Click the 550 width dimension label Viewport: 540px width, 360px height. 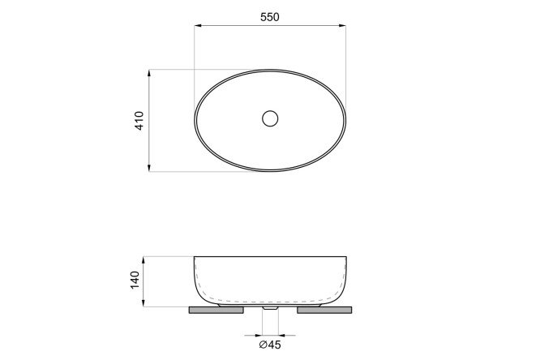click(270, 17)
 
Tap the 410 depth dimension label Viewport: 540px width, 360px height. click(139, 121)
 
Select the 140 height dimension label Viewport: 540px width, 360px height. click(135, 280)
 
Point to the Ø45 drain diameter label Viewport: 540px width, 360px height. click(270, 345)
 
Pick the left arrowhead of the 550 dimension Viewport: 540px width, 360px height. click(198, 25)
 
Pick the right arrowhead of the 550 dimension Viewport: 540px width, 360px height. click(342, 25)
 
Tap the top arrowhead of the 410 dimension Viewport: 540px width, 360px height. click(149, 73)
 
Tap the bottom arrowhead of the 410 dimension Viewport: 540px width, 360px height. click(149, 168)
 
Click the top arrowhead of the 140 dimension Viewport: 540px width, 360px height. click(144, 260)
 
